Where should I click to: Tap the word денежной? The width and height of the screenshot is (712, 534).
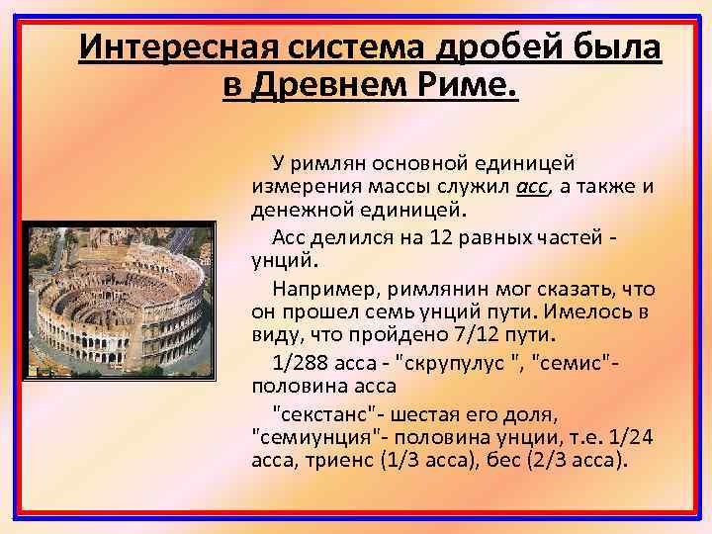[298, 210]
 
